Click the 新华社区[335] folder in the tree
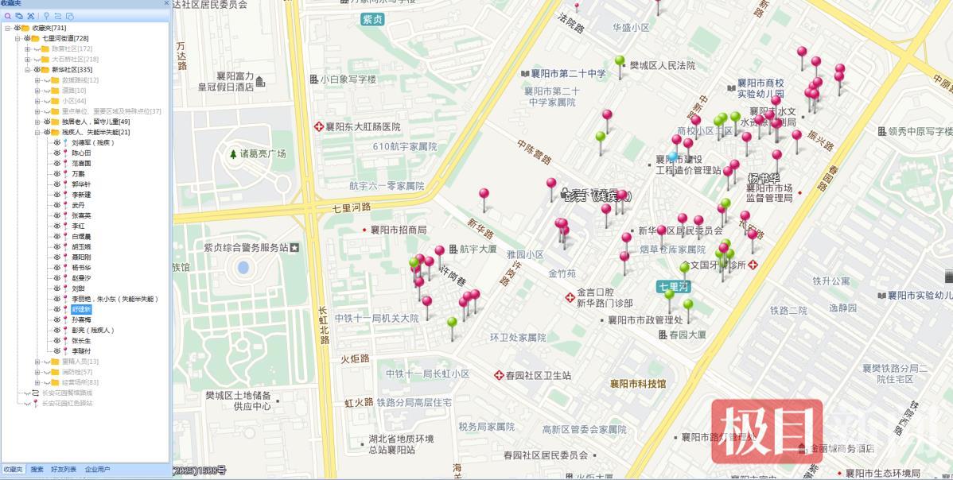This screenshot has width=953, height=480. [x=72, y=70]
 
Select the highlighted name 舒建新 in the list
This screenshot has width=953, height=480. [x=81, y=308]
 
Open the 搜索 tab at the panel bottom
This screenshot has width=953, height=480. [x=37, y=470]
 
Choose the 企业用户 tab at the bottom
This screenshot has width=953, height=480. [x=98, y=470]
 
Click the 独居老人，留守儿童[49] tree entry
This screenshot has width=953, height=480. [x=95, y=122]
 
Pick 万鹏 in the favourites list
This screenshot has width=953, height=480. [x=78, y=173]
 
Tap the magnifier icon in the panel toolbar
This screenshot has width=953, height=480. [x=8, y=16]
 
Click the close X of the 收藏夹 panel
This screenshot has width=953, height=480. [x=165, y=4]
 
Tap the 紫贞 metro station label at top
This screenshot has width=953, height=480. [x=371, y=19]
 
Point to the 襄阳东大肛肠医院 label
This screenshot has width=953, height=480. [x=363, y=127]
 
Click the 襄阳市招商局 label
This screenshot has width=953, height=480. [x=398, y=230]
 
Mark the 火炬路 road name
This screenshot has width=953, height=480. [x=355, y=358]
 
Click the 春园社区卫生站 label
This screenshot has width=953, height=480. [x=538, y=375]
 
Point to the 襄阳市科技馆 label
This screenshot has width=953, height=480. [x=637, y=384]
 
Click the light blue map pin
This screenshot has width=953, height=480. [x=674, y=157]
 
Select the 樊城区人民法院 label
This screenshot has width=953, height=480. [x=662, y=66]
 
